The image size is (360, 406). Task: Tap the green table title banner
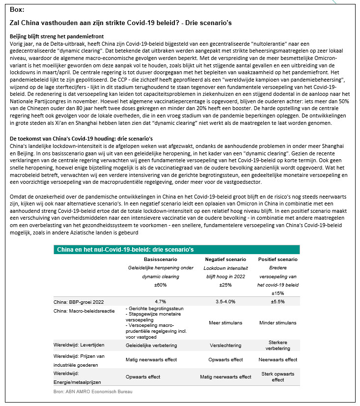coord(176,249)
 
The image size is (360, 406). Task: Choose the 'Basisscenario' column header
coord(159,259)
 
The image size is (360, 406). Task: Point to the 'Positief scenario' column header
coord(277,259)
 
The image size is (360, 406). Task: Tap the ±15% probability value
coord(277,293)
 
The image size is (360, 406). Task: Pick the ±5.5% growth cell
coord(277,302)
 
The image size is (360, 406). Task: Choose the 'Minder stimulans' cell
coord(277,323)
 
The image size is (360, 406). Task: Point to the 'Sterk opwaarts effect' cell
coord(277,377)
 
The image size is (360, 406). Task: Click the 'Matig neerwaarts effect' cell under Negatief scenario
coord(225,377)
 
